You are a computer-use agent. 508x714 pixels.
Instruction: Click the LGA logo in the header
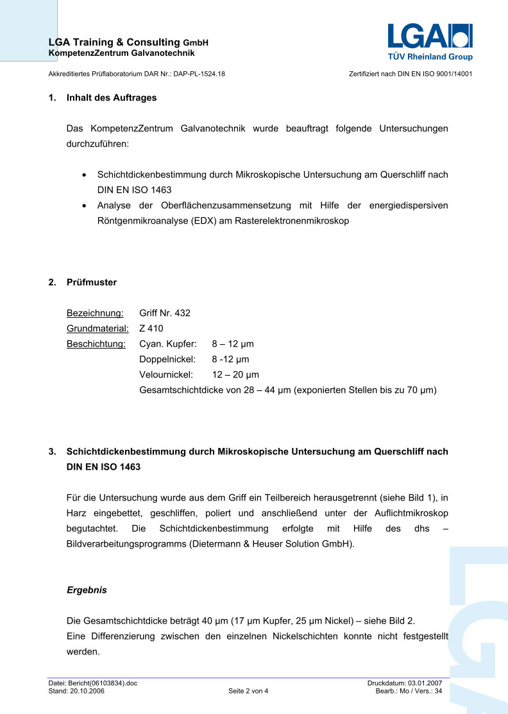(x=429, y=37)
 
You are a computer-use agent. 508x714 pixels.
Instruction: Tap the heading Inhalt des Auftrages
(x=111, y=98)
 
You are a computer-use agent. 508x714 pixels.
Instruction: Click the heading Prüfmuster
(x=92, y=282)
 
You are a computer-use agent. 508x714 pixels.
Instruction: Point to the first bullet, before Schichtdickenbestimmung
(x=85, y=175)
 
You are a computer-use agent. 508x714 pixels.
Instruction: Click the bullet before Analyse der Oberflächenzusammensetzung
(x=85, y=206)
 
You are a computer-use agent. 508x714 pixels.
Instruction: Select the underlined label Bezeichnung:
(x=95, y=313)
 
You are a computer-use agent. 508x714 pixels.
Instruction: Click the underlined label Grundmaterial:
(x=97, y=329)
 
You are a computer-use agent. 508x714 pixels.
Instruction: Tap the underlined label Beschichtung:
(x=96, y=344)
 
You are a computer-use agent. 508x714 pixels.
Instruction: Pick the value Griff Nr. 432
(x=165, y=313)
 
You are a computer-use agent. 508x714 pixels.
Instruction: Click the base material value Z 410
(x=151, y=329)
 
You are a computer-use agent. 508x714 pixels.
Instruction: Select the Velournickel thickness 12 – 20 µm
(x=235, y=375)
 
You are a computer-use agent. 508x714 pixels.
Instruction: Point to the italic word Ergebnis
(x=87, y=590)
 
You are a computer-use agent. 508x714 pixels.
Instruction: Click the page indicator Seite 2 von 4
(x=248, y=692)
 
